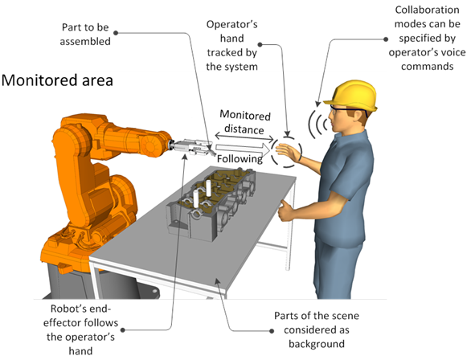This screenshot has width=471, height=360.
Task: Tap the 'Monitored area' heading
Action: pos(57,80)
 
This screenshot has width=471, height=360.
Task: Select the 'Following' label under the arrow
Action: pos(240,158)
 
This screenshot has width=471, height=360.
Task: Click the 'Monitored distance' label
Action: pos(245,122)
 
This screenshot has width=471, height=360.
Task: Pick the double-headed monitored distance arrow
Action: pos(244,137)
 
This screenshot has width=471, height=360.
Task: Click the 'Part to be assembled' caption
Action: pos(85,35)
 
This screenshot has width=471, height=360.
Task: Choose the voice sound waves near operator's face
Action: pos(317,124)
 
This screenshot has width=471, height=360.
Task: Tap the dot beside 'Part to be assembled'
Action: pos(116,33)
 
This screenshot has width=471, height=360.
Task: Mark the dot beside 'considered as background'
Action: pos(272,331)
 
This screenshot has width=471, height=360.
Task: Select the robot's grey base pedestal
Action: pos(90,282)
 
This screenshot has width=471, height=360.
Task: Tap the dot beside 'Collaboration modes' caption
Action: pos(386,39)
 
